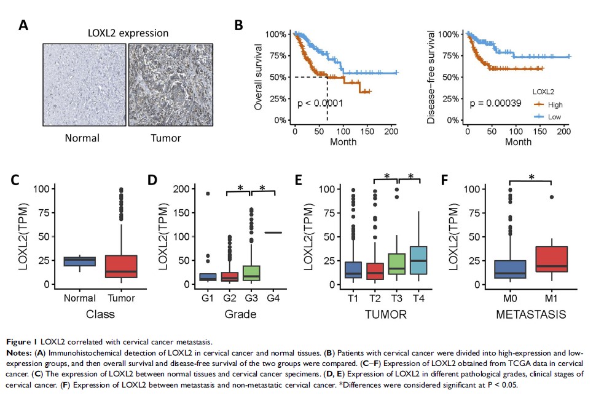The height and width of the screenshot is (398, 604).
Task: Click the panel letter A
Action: [x=23, y=25]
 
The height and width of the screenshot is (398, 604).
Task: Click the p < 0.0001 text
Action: [x=320, y=103]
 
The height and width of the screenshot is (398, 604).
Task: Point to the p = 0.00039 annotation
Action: [x=493, y=103]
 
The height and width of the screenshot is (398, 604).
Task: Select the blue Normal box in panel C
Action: [x=80, y=261]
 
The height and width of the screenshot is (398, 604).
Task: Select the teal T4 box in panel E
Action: [x=418, y=260]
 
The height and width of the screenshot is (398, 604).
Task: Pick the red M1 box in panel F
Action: [x=551, y=259]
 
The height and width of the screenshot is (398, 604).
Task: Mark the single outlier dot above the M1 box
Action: [x=551, y=197]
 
